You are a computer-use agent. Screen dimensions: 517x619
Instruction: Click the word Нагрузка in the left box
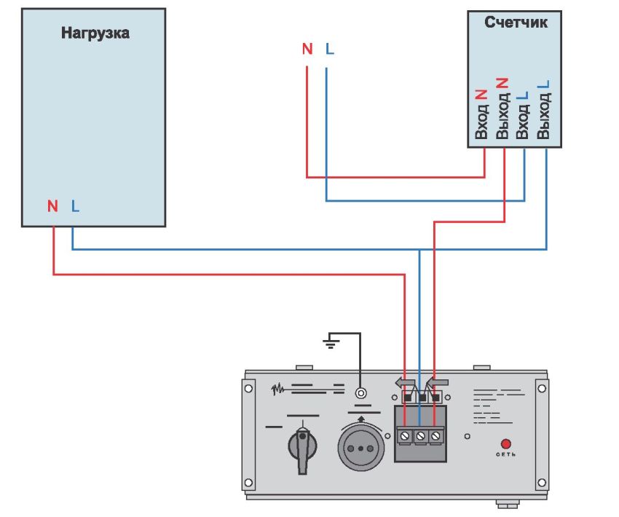(x=95, y=33)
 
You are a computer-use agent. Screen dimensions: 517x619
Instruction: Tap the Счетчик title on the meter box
(x=516, y=23)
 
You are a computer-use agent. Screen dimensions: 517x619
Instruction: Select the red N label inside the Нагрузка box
(x=52, y=206)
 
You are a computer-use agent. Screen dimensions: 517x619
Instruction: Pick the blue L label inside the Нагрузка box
(x=75, y=206)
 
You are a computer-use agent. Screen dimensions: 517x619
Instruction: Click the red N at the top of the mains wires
(x=307, y=49)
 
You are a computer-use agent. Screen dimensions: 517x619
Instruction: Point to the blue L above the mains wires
(x=330, y=49)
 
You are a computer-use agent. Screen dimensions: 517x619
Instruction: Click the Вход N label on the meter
(x=481, y=114)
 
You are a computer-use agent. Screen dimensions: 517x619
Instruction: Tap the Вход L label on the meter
(x=522, y=114)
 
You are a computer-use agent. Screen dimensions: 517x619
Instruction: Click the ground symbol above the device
(x=331, y=340)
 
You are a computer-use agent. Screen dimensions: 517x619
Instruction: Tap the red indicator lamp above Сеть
(x=505, y=443)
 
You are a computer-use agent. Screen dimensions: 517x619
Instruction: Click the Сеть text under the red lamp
(x=505, y=456)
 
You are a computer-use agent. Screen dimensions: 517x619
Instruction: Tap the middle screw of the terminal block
(x=420, y=435)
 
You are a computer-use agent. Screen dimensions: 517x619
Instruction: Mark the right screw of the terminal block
(x=435, y=435)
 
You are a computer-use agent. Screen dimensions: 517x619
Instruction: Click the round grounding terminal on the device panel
(x=360, y=393)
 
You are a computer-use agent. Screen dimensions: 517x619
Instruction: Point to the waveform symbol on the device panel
(x=277, y=388)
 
